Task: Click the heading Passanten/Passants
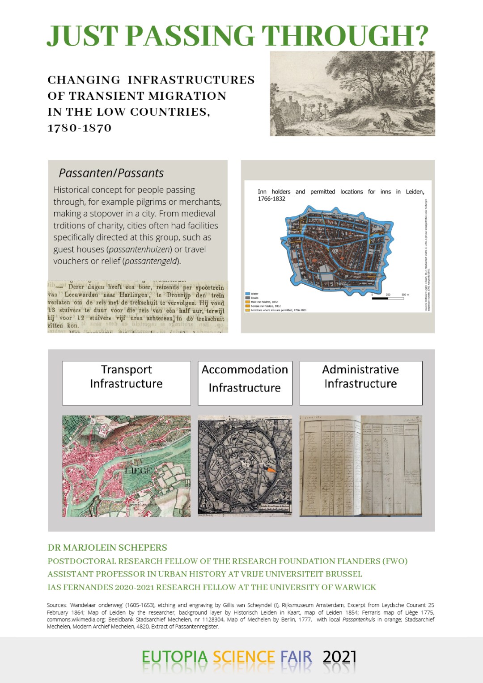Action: click(111, 173)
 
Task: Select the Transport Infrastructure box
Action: click(127, 383)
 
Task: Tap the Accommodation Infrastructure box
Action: click(245, 383)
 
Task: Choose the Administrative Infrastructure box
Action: click(360, 383)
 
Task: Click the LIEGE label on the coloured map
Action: click(139, 471)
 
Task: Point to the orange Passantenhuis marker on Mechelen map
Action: click(270, 470)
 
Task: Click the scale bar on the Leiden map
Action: click(388, 298)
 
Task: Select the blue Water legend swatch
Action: click(247, 294)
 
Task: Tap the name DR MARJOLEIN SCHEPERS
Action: click(107, 548)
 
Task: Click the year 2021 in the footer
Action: click(339, 657)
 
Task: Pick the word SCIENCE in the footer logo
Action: click(244, 657)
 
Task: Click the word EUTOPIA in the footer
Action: click(174, 657)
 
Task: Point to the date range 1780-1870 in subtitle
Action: click(80, 128)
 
